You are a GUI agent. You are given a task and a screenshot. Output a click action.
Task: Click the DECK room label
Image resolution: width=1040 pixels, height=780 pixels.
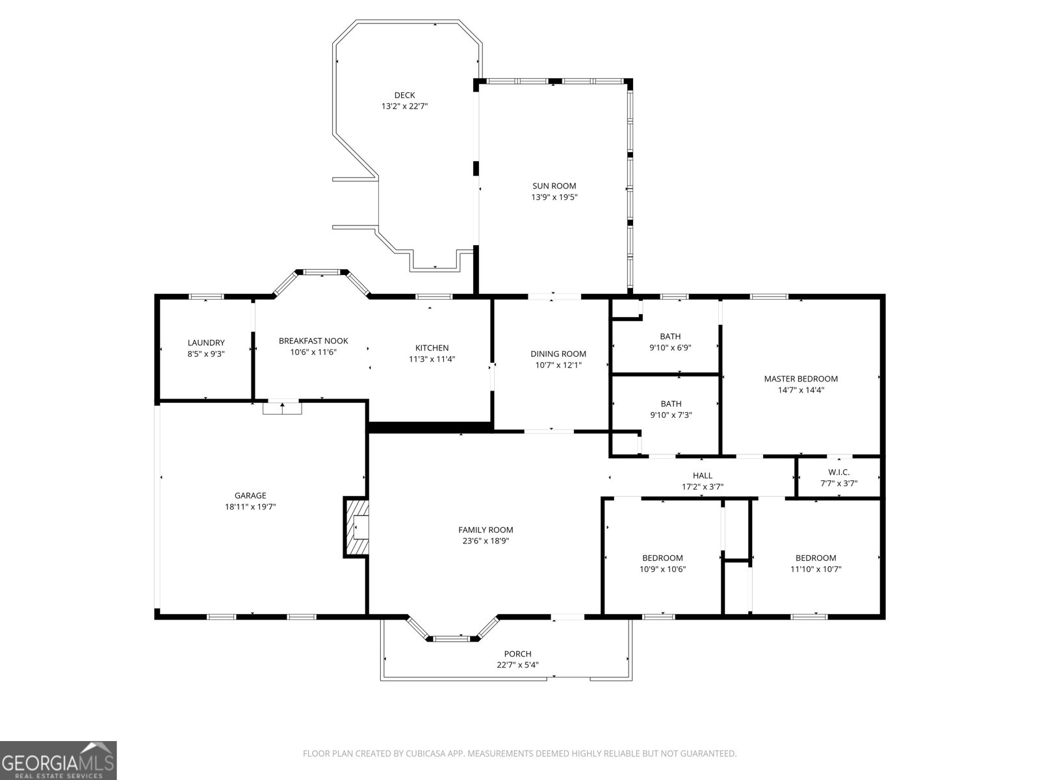point(404,95)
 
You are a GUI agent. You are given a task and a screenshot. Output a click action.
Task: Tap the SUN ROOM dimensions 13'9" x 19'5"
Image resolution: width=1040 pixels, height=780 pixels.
point(554,197)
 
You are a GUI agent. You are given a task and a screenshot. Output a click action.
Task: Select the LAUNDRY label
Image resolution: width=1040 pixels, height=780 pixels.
point(206,343)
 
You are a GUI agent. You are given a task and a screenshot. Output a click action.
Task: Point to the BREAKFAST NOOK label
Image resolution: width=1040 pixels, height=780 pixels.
point(313,341)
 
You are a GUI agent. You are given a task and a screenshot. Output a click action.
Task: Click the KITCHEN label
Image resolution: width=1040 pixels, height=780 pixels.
point(432,348)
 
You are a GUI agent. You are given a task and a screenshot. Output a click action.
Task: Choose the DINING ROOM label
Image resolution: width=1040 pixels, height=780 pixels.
point(558,354)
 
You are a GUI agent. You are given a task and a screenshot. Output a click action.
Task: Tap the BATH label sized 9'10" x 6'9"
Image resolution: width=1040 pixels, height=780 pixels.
point(670,336)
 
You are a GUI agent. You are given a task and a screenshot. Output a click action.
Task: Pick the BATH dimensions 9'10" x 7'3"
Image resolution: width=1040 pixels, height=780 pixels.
point(671,415)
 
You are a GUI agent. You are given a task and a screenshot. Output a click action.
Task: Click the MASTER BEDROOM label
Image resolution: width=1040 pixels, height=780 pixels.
point(801,378)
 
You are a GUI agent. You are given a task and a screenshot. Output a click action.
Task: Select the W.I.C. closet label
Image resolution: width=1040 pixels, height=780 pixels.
point(838,472)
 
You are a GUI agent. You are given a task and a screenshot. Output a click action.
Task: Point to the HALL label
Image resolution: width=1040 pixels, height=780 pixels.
point(702,475)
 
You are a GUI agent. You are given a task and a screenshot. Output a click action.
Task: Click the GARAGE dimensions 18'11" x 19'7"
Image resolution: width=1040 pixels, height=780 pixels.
point(250,506)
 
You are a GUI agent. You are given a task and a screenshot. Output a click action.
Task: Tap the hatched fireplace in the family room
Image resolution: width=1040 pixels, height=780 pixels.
point(356,527)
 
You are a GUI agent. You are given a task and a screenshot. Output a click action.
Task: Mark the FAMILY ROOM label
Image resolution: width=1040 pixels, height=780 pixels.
point(486,530)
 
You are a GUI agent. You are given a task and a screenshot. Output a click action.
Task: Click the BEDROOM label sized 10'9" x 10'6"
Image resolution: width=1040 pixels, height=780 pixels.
point(662,558)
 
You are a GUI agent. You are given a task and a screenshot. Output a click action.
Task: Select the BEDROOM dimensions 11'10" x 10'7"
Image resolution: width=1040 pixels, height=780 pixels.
point(816,569)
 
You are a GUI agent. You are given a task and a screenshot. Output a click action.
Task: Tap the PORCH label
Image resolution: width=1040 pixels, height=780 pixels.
point(517,654)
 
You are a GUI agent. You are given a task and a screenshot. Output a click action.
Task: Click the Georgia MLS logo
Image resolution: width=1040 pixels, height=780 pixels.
point(58,760)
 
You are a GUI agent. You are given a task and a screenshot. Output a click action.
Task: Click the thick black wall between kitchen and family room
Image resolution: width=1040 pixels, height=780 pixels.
point(429,427)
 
